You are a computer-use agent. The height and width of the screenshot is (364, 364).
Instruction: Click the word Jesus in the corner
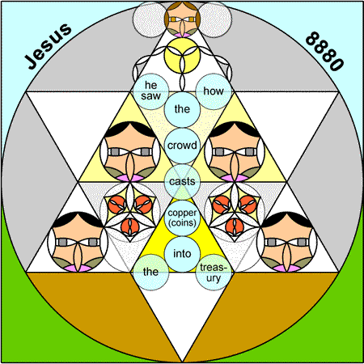[48, 46]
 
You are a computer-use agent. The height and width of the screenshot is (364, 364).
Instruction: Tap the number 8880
[324, 51]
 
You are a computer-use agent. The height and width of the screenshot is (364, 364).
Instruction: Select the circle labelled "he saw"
[150, 91]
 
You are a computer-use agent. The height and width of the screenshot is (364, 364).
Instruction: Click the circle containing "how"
[214, 91]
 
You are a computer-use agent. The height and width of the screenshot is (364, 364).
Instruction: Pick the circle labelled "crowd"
[182, 146]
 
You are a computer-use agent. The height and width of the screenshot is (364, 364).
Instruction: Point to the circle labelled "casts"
[182, 182]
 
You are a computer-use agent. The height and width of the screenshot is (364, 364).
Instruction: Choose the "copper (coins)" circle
[182, 218]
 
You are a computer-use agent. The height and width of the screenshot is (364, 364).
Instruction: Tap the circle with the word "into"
[182, 254]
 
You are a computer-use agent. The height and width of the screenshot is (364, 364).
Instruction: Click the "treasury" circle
[214, 273]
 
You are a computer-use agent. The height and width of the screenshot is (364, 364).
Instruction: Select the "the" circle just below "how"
[182, 109]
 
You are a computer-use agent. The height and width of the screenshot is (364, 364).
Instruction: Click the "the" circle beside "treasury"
[150, 273]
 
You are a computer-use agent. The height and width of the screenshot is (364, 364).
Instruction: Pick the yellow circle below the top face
[182, 55]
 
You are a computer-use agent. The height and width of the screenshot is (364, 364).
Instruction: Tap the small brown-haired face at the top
[182, 19]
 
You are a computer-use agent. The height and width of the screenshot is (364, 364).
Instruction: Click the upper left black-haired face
[130, 151]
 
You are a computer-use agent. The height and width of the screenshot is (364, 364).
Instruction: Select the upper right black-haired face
[235, 151]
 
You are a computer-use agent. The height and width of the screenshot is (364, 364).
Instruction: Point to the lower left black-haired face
[78, 242]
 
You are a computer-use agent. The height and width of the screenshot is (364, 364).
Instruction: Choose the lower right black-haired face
[287, 242]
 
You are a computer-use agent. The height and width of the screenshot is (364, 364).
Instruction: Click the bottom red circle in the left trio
[130, 226]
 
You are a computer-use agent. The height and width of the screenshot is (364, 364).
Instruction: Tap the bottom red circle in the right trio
[235, 226]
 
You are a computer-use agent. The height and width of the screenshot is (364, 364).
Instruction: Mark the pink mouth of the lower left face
[78, 269]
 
